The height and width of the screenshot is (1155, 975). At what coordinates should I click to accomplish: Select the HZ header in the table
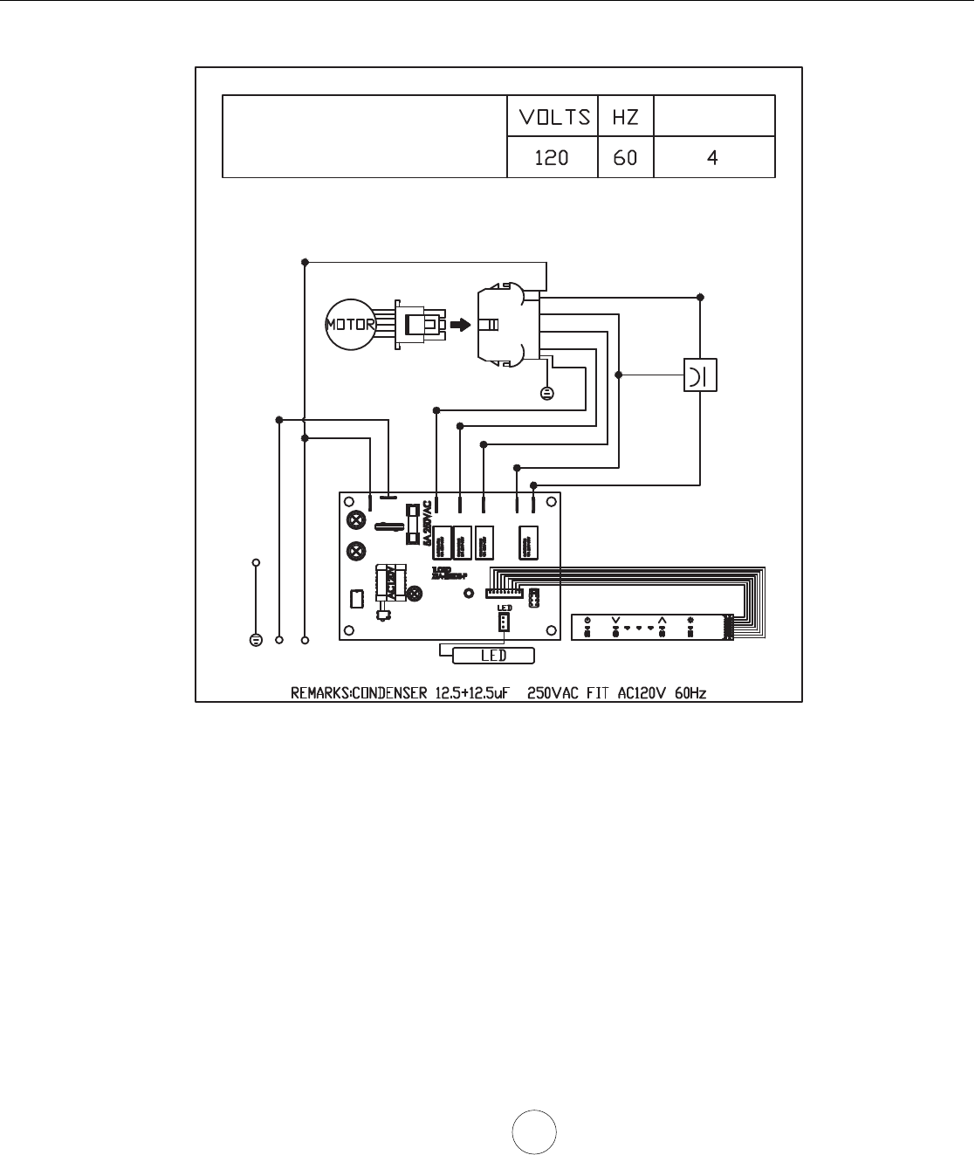(625, 116)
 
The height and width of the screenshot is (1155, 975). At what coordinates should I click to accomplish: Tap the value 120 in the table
(552, 158)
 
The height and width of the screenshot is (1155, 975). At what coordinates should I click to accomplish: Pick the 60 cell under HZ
(625, 158)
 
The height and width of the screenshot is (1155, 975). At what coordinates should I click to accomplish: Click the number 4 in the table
(713, 158)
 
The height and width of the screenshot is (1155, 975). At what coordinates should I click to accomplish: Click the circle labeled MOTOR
(350, 325)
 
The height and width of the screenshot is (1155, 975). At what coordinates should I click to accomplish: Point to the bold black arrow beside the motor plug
(459, 325)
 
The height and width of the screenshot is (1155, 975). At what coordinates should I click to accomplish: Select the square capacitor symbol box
(700, 375)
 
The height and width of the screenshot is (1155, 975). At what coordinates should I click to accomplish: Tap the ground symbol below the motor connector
(547, 393)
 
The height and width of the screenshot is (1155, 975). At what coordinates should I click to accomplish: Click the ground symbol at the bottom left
(256, 640)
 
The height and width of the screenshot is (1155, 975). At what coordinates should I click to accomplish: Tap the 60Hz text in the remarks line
(690, 693)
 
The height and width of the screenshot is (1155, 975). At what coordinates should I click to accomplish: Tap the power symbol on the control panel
(587, 621)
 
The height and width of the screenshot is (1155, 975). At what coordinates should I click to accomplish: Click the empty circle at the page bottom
(534, 1133)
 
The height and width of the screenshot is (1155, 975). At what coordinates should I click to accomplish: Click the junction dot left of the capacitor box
(619, 375)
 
